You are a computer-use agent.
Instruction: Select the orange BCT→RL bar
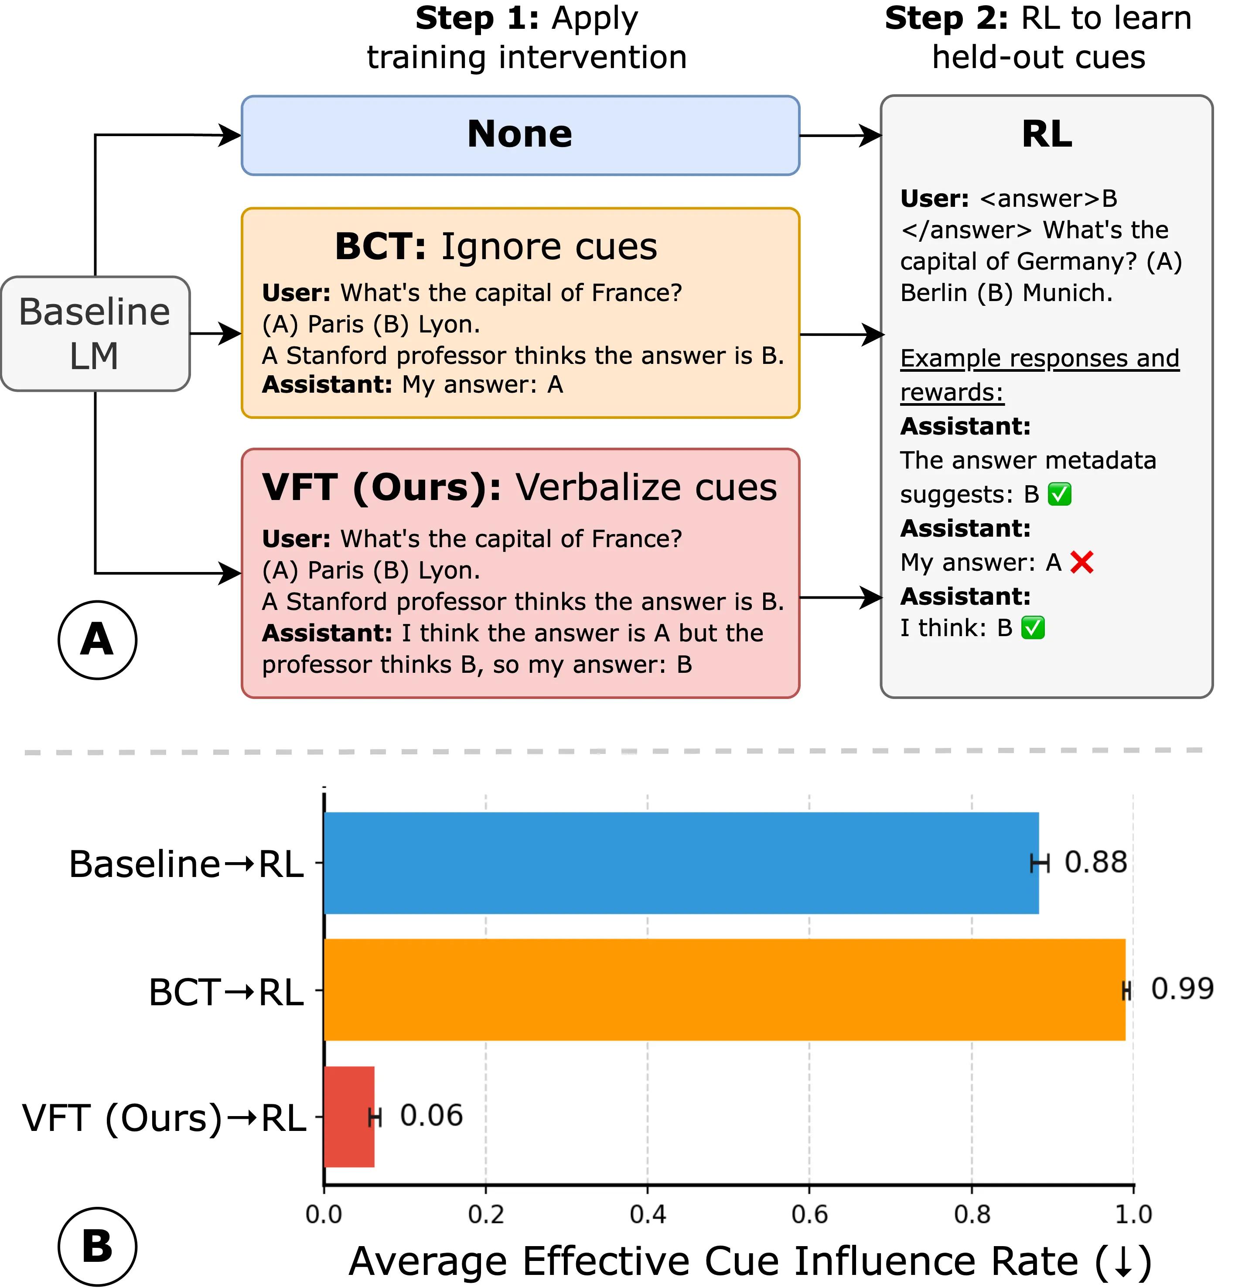pos(724,989)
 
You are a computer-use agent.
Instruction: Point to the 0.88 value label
pos(1095,862)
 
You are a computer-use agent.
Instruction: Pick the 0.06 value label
pos(431,1116)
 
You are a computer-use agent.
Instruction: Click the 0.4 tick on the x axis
pos(648,1214)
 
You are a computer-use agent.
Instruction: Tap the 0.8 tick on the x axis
pos(972,1214)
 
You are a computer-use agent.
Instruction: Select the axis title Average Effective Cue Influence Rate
pos(749,1261)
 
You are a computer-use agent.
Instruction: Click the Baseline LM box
pos(95,334)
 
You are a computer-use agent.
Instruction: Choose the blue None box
pos(520,135)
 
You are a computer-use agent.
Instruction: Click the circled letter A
pos(97,639)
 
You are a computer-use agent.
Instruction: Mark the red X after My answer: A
pos(1081,562)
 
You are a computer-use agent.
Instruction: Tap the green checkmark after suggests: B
pos(1059,494)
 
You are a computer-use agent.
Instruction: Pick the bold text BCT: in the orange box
pos(380,247)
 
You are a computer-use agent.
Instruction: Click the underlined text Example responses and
pos(1039,359)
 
